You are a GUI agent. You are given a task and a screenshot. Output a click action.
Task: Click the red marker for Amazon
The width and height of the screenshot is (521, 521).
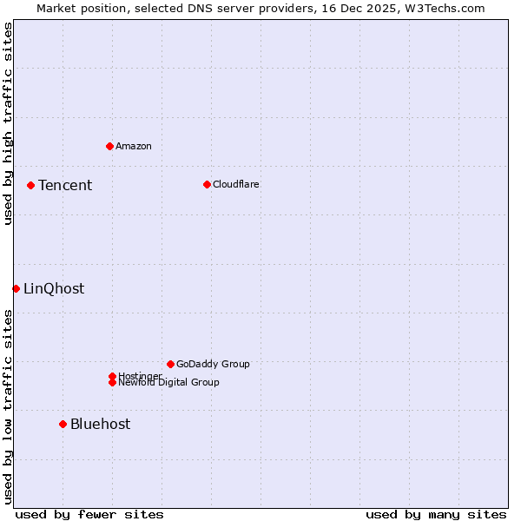point(109,146)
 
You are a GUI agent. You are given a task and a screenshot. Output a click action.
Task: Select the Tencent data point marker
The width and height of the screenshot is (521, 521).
point(30,185)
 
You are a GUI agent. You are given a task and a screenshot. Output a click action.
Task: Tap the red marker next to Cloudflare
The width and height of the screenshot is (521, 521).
point(207,184)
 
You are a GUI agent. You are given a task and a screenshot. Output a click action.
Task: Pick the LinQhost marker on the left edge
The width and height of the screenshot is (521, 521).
point(16,288)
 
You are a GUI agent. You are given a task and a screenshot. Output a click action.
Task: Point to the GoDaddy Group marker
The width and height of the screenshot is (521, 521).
point(170,364)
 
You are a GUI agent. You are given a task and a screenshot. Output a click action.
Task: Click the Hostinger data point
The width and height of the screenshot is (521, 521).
point(112,376)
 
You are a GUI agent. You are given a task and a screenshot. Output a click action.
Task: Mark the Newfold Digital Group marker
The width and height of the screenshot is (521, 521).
point(112,382)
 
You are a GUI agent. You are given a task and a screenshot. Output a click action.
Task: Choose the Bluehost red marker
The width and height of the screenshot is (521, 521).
point(63,424)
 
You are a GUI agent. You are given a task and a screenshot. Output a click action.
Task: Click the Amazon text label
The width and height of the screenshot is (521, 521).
point(134,146)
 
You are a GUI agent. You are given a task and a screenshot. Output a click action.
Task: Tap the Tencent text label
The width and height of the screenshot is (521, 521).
point(65,185)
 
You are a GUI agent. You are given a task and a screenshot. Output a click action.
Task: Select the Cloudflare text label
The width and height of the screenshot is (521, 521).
point(236,184)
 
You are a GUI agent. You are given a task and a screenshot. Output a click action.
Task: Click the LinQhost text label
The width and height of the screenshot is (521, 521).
point(54,289)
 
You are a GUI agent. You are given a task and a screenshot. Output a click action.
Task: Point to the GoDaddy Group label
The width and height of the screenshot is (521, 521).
point(213,364)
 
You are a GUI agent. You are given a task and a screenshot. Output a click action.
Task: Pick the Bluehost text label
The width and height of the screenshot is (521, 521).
point(101,424)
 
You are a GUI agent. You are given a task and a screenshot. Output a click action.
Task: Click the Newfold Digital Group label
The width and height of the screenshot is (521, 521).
point(169,383)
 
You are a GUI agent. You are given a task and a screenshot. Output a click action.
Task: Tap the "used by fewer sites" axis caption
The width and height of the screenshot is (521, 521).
point(89,514)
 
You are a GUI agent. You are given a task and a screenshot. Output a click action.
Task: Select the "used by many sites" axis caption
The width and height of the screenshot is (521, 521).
point(436,514)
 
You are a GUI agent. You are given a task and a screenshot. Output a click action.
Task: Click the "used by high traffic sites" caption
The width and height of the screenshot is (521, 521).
point(8,123)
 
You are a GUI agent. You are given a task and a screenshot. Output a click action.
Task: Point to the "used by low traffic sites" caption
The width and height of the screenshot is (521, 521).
point(8,406)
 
